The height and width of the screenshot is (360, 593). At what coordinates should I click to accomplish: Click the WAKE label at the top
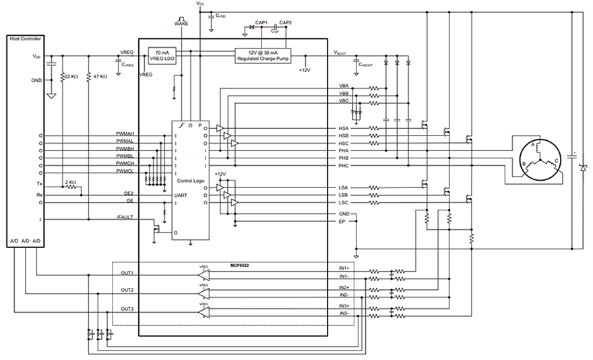point(181,23)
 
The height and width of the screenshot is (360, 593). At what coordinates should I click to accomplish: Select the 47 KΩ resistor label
point(99,77)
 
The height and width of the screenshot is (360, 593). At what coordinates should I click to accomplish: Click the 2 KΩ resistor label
point(71,183)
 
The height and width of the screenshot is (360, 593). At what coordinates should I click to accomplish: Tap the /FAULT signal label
point(125,217)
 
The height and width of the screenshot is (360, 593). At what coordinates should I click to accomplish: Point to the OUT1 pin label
point(127,273)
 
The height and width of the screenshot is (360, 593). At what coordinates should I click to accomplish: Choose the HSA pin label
point(344,128)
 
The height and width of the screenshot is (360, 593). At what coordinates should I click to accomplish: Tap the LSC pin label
point(344,202)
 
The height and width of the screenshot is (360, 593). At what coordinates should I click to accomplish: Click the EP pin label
point(342,220)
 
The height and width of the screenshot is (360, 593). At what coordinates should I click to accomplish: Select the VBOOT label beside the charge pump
point(341,53)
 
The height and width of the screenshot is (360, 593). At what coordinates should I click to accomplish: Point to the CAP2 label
point(286,22)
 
